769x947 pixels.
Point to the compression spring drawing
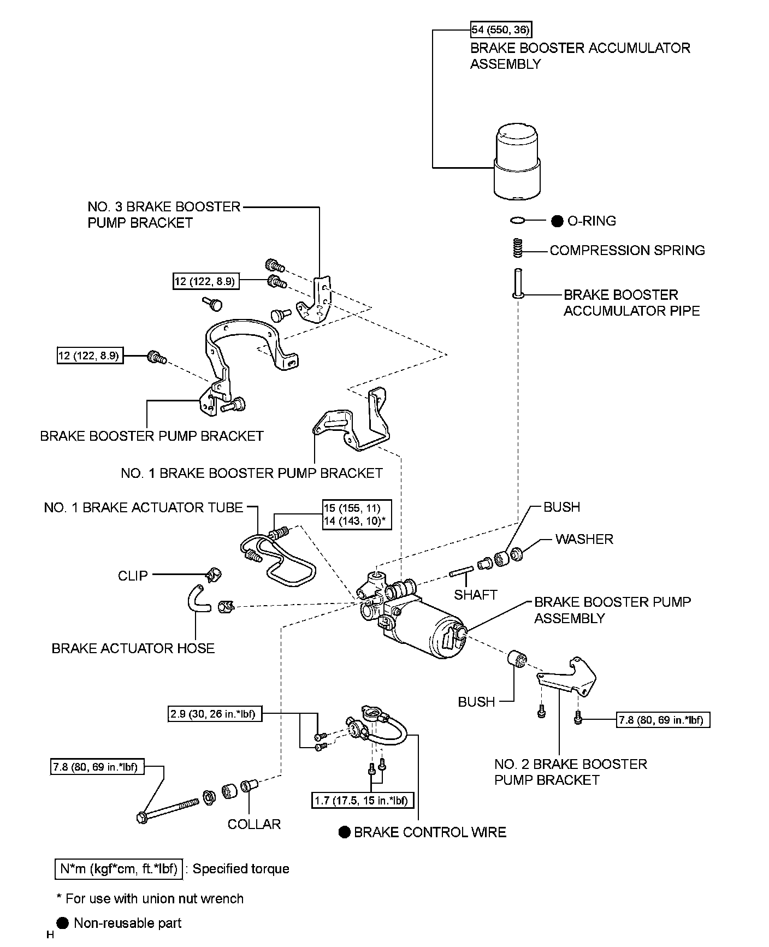(x=518, y=249)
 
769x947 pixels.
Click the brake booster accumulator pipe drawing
(x=518, y=283)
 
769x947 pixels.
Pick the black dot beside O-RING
(x=557, y=221)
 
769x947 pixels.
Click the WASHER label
(x=584, y=539)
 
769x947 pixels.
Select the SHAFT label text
(x=475, y=595)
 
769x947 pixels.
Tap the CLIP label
(x=133, y=576)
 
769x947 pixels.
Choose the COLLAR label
(x=254, y=824)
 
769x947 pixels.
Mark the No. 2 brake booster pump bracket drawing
(x=568, y=677)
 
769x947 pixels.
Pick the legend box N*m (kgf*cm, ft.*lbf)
(x=119, y=869)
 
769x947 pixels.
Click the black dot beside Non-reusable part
(x=63, y=923)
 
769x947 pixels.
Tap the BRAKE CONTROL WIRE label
(x=430, y=832)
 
